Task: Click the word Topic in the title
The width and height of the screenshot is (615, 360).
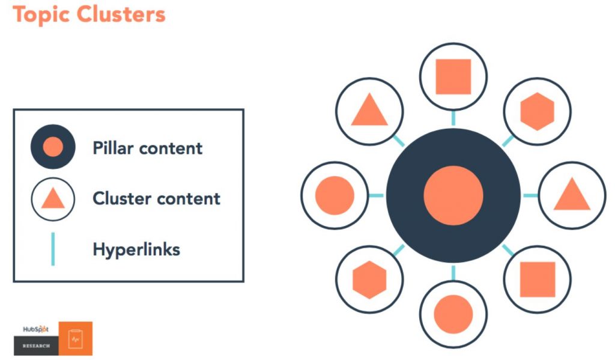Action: click(41, 14)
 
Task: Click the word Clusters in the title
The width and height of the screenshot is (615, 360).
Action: click(121, 14)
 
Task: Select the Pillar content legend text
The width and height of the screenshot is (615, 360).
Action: click(148, 148)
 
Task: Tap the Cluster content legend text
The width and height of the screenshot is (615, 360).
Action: click(156, 198)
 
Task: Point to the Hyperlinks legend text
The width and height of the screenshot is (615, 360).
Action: click(136, 249)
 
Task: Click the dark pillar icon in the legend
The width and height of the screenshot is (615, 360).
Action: click(53, 147)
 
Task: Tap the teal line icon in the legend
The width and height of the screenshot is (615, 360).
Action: click(53, 249)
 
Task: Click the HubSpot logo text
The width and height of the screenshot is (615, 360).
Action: click(35, 329)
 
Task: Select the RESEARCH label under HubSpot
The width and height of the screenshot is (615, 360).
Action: click(36, 346)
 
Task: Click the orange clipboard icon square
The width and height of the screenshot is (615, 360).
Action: click(75, 338)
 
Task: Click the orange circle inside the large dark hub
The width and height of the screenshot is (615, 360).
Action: click(453, 195)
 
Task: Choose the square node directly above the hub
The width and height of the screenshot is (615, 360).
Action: click(453, 76)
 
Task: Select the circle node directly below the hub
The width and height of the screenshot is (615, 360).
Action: click(453, 314)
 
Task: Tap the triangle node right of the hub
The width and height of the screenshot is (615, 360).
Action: click(572, 195)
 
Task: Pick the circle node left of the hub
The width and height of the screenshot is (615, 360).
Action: click(335, 195)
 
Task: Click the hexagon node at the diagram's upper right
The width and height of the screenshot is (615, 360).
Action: click(538, 112)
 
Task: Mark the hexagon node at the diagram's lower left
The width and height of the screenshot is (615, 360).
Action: click(369, 279)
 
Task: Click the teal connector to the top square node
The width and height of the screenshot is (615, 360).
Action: click(453, 118)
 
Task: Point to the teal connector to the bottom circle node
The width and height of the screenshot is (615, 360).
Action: click(453, 273)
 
